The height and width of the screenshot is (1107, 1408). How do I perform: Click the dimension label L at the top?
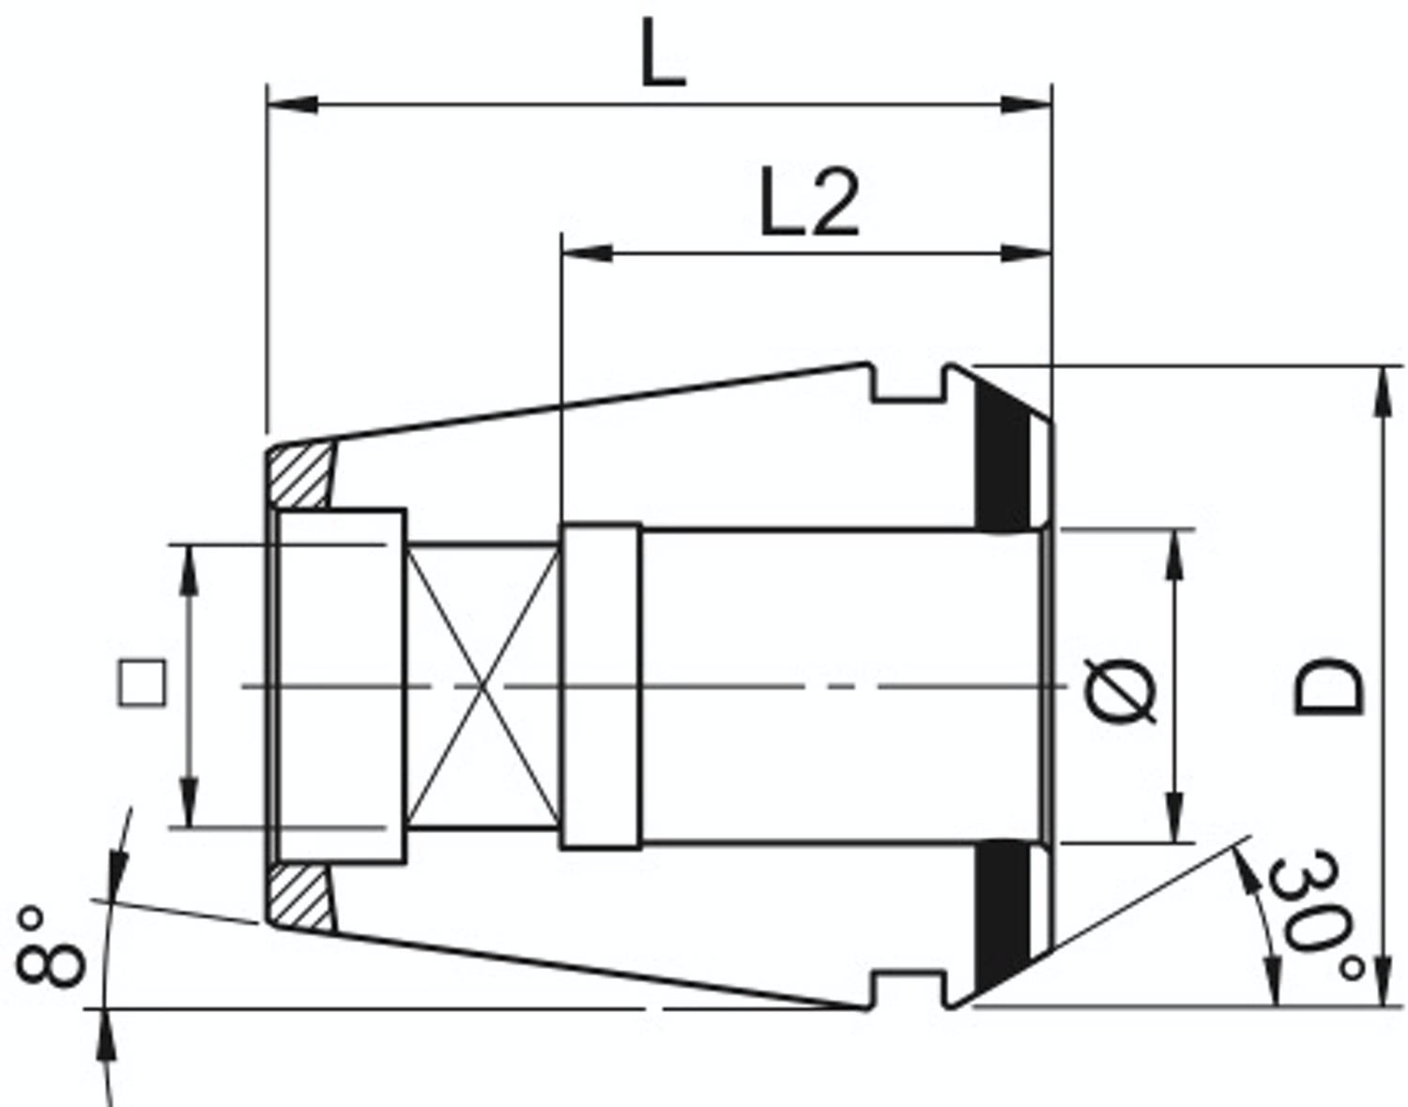662,54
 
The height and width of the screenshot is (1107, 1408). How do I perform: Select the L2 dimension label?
810,202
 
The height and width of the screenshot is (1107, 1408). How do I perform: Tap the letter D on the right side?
1328,687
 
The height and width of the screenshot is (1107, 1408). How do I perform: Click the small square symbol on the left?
143,684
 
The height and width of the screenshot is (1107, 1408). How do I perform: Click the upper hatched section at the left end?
300,476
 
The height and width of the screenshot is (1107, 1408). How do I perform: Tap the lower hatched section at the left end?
300,898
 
